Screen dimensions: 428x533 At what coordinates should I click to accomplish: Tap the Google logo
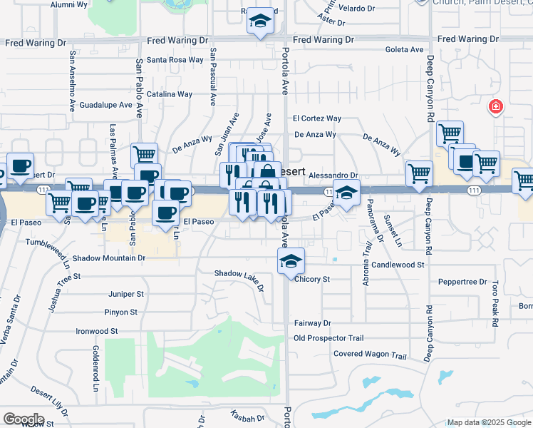[x=24, y=419]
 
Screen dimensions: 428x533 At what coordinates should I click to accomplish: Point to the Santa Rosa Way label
[x=175, y=60]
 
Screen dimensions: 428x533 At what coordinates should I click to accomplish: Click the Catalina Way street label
[x=170, y=94]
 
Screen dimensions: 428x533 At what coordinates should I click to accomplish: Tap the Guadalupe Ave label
[x=106, y=104]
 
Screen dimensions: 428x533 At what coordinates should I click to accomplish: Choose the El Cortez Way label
[x=317, y=118]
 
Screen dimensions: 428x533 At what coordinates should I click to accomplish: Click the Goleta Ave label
[x=403, y=50]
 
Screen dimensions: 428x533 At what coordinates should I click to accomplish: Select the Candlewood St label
[x=398, y=265]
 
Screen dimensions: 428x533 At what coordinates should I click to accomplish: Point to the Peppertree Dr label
[x=462, y=282]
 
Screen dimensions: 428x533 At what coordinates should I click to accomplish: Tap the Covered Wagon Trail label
[x=370, y=355]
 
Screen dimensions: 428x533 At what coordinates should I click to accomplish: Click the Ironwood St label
[x=97, y=331]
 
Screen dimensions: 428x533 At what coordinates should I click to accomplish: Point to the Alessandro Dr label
[x=353, y=175]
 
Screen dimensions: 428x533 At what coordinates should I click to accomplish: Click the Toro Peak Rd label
[x=494, y=300]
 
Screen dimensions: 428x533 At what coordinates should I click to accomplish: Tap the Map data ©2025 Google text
[x=489, y=422]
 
